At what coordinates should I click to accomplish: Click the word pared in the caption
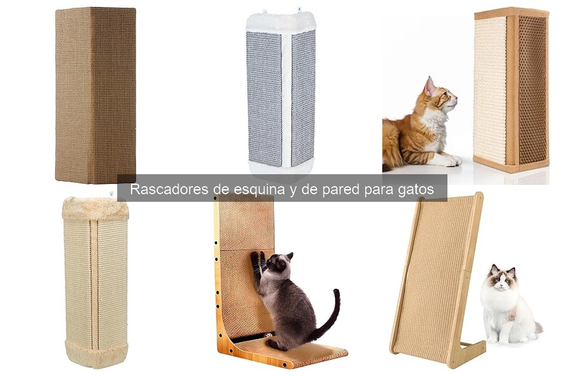(339, 189)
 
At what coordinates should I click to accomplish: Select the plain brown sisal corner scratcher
(95, 94)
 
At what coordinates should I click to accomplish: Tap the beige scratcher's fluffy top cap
(95, 209)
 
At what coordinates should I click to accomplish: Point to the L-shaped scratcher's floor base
(295, 351)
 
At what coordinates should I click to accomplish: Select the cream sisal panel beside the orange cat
(490, 91)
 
